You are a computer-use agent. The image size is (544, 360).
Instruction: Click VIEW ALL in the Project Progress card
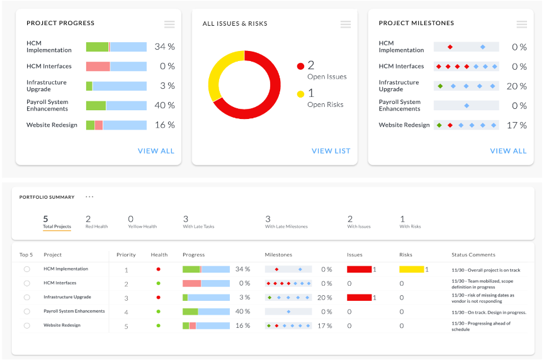click(156, 151)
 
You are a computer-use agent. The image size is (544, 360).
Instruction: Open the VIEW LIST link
click(331, 151)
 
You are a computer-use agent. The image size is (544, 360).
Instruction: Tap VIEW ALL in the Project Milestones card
click(508, 151)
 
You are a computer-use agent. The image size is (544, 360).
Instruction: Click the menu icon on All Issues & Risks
click(346, 25)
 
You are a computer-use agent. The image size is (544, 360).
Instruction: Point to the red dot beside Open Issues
click(300, 66)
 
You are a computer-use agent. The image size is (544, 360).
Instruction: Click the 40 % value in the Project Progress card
click(165, 106)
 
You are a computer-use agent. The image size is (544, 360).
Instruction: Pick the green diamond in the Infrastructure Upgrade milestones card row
click(440, 86)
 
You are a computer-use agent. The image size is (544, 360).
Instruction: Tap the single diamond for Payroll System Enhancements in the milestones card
click(467, 106)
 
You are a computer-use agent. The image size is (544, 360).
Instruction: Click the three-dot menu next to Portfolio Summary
click(89, 197)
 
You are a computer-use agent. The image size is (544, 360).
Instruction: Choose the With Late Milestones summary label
click(286, 227)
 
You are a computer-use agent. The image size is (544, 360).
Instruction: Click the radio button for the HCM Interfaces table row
click(26, 283)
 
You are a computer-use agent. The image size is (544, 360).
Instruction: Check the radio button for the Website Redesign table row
click(26, 325)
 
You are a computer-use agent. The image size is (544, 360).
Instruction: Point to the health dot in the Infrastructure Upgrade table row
click(159, 298)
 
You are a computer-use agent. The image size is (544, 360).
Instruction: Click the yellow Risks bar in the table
click(412, 269)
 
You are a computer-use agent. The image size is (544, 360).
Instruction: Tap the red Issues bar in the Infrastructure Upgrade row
click(360, 298)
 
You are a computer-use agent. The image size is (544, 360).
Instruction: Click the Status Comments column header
click(473, 255)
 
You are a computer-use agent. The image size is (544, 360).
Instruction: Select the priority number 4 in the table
click(127, 312)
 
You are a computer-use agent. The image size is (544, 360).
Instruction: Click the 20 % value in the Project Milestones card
click(516, 86)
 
